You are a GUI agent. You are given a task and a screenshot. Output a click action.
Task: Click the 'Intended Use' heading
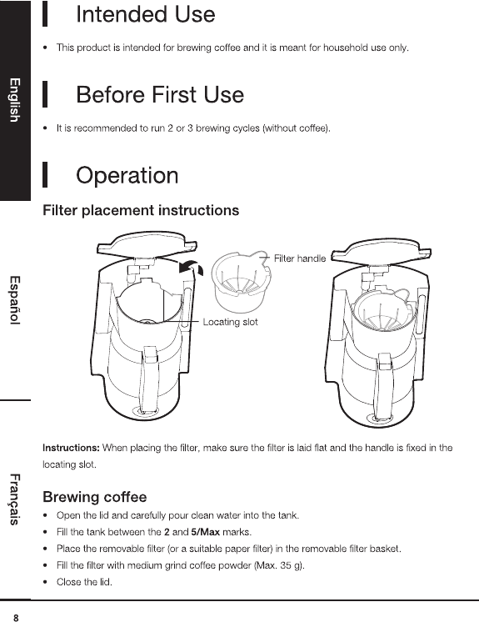146,14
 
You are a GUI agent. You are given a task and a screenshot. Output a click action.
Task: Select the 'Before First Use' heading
160,95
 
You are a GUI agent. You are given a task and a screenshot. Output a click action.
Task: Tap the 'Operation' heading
127,176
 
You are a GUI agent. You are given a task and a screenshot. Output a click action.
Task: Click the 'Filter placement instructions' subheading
141,210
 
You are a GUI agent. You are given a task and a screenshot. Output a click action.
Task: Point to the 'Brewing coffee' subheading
95,497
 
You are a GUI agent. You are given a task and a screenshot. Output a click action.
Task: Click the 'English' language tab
15,100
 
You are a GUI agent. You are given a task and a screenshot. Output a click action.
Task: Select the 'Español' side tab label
15,300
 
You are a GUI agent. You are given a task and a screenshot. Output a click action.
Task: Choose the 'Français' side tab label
15,499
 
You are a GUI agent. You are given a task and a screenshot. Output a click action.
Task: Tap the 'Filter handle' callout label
300,258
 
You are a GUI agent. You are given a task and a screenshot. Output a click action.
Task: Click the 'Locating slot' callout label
230,322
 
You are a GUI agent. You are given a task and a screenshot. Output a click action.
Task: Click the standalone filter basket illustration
242,283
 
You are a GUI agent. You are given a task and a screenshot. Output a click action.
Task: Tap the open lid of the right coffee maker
382,251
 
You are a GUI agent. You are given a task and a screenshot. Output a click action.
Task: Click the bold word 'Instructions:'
71,449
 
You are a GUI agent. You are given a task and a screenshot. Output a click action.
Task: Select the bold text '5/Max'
205,532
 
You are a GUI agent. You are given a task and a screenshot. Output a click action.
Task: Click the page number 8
16,618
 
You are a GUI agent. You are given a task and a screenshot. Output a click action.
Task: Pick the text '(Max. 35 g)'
278,565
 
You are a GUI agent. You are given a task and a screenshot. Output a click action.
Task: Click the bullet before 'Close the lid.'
46,582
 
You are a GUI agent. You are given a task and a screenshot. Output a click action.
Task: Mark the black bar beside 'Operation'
45,174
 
